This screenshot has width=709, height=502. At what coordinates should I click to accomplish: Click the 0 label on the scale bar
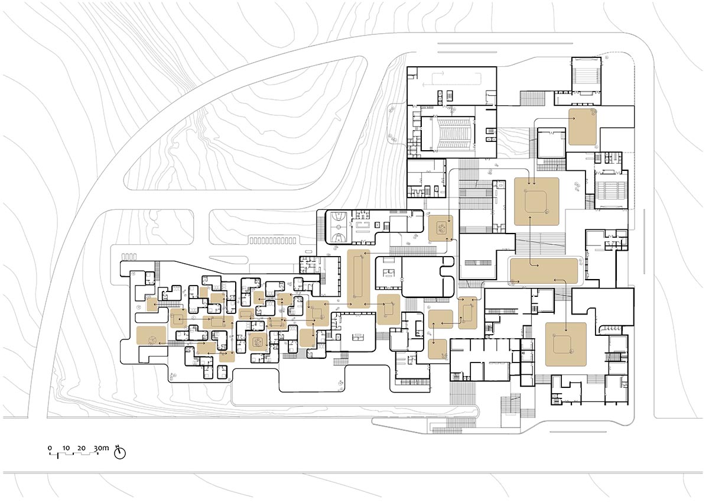click(50, 448)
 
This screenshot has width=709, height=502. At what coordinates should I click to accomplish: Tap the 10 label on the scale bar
click(66, 448)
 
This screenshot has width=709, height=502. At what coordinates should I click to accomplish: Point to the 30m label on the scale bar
click(101, 448)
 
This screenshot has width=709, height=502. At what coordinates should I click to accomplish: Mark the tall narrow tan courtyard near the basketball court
click(359, 278)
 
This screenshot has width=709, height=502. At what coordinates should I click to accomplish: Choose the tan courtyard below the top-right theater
click(583, 127)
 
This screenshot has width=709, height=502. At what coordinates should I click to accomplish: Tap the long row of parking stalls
click(272, 240)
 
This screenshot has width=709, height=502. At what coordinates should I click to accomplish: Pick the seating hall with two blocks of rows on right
click(607, 191)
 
